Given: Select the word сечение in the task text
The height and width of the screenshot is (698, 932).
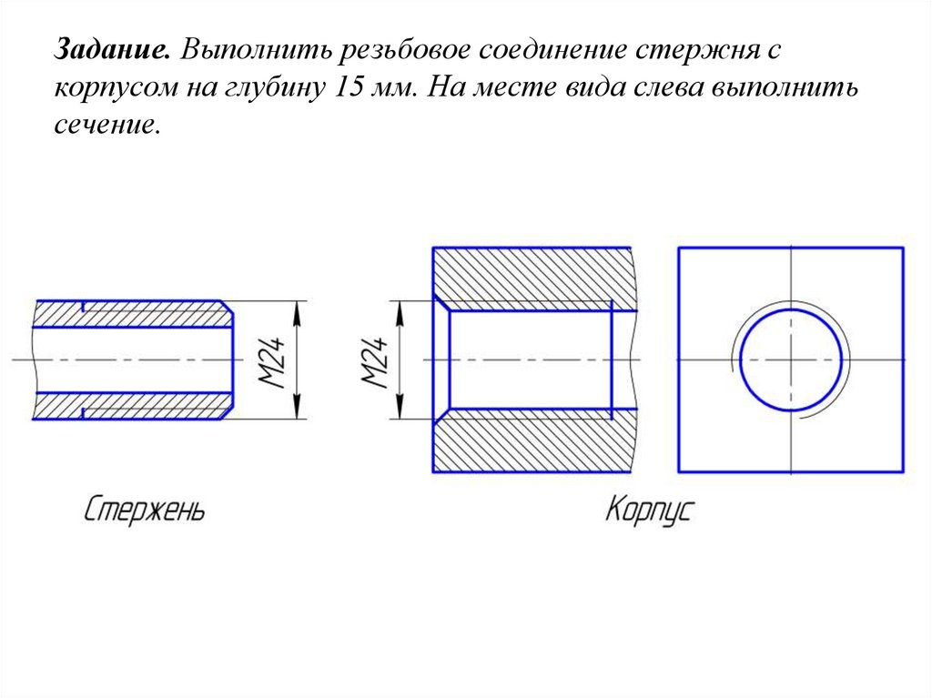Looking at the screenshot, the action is click(107, 126).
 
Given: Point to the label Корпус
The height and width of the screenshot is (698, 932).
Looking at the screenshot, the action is click(649, 510).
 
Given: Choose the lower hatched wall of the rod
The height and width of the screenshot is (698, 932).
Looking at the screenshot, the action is click(132, 406).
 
